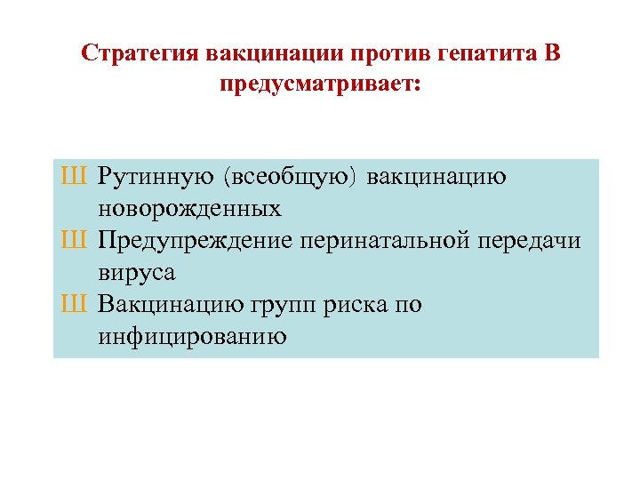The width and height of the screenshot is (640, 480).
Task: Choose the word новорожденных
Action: [189, 209]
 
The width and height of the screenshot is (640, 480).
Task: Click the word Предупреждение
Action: [196, 241]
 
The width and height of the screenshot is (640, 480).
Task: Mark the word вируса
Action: [137, 273]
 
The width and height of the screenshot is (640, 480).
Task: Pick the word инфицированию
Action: [192, 337]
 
